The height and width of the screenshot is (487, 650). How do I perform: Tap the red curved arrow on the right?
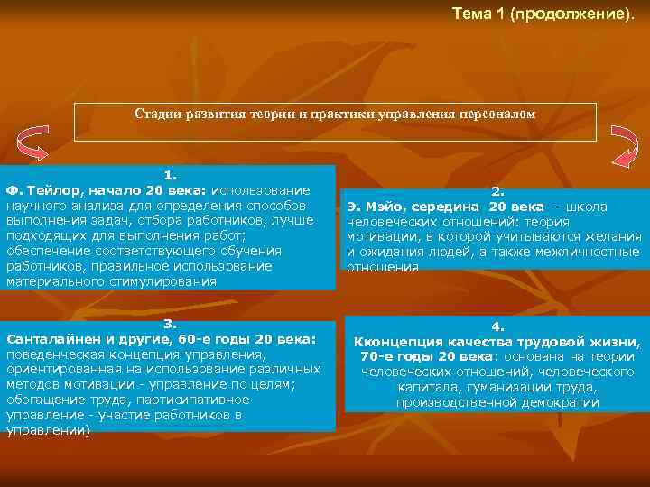[624, 144]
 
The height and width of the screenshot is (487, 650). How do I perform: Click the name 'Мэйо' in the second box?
[381, 207]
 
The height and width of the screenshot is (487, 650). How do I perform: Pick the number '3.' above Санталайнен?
[169, 324]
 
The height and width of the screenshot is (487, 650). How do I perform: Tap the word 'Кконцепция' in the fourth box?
[395, 342]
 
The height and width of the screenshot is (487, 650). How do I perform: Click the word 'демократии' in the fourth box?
[562, 402]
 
